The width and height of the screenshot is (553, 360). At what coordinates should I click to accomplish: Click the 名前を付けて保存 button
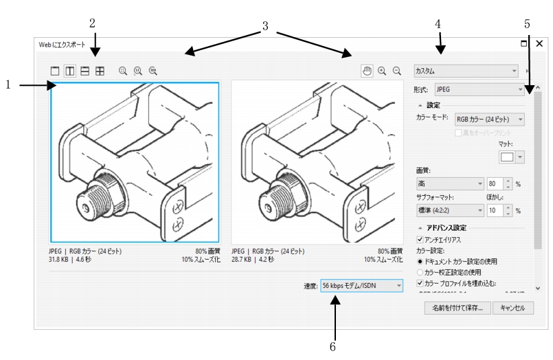458,308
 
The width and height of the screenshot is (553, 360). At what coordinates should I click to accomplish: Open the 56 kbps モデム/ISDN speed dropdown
361,285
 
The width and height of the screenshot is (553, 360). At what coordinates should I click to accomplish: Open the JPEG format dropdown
479,89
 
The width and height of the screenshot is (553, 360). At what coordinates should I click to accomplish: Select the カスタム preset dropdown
466,70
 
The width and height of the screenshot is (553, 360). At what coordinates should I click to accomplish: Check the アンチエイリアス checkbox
420,239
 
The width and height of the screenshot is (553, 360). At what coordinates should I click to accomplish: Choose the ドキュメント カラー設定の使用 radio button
420,261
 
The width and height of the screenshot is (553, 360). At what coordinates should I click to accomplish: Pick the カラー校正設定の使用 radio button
420,272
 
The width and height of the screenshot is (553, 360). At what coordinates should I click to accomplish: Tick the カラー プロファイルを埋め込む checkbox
420,283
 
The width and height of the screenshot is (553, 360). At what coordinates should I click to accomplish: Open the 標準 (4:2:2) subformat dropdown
451,210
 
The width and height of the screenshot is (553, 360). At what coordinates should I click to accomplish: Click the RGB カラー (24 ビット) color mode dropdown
490,120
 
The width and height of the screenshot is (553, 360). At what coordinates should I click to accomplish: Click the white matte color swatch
507,157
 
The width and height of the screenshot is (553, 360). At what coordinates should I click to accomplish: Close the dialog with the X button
540,43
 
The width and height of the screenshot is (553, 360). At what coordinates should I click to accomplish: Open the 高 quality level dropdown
451,184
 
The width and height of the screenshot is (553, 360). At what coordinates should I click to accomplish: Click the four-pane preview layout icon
100,70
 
